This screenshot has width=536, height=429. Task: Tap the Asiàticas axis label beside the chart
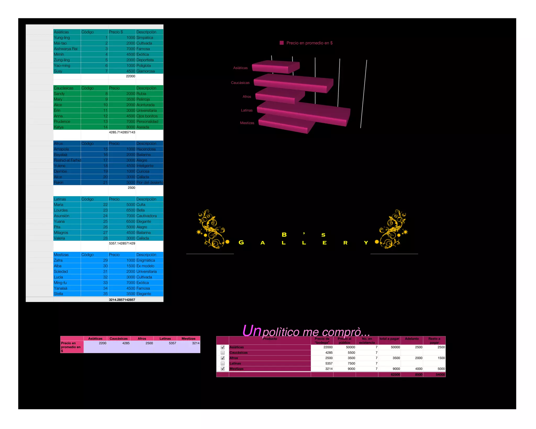[240, 68]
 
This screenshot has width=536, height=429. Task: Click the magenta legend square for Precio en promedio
[282, 43]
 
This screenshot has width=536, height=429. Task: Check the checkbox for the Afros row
[223, 358]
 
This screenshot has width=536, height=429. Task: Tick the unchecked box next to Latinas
[223, 363]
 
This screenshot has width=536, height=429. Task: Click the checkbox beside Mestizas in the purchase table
[223, 369]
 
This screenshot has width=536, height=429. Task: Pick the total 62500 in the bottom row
[395, 375]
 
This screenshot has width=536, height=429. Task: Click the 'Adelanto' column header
[412, 339]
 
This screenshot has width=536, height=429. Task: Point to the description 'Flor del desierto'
[149, 183]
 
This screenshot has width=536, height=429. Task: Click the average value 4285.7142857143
[122, 132]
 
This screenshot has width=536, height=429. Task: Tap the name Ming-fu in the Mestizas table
[60, 283]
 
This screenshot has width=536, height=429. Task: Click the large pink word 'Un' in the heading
[252, 331]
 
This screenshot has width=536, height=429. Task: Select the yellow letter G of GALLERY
[241, 242]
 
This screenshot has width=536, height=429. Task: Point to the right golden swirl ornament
[393, 229]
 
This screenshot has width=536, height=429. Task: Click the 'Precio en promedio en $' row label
[71, 347]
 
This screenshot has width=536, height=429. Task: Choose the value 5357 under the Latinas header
[172, 343]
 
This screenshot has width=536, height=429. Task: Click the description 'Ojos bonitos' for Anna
[147, 116]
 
